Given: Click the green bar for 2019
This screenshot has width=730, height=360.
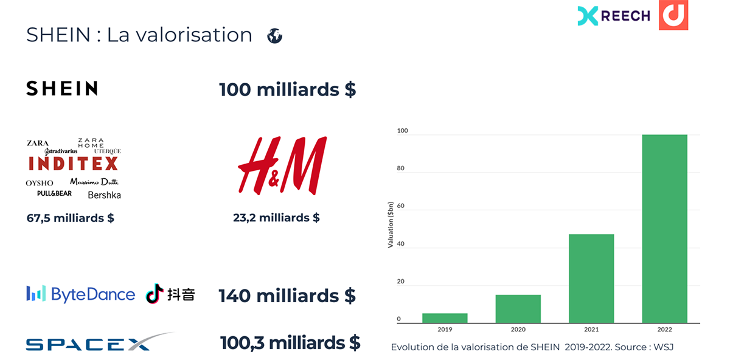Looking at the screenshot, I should [x=445, y=317].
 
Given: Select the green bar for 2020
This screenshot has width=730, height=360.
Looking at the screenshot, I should [x=518, y=308].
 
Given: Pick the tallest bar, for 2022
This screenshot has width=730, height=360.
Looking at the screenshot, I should [x=664, y=228].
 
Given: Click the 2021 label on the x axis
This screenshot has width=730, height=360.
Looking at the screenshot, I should [x=591, y=329].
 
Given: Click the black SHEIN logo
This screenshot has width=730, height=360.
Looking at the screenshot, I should [x=62, y=89].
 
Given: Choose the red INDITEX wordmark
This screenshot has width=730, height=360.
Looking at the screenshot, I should [x=73, y=164].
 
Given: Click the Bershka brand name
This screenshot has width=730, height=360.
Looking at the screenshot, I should [x=104, y=195].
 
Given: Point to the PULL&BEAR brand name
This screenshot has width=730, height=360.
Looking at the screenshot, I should [x=54, y=193].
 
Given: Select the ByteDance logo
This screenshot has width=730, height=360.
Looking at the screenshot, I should [x=80, y=294].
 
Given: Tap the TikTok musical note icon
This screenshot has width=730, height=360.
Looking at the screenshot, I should [x=155, y=294].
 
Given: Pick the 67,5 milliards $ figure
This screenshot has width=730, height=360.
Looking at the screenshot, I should [x=71, y=218].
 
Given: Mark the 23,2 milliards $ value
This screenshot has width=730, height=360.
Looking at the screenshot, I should [x=276, y=218].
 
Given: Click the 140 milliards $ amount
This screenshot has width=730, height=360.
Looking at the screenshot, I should [x=287, y=296].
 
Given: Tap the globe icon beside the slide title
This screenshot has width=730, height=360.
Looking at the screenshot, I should [x=275, y=36].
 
